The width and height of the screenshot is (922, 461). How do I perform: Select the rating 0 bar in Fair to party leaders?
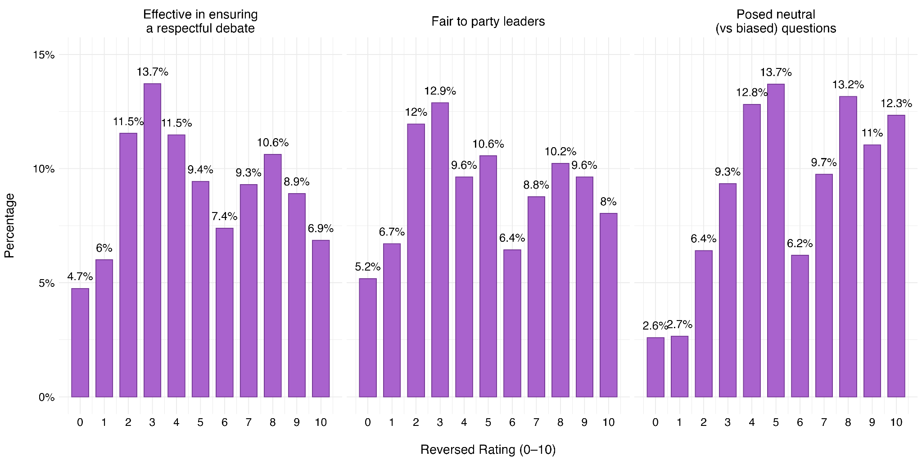[x=368, y=338]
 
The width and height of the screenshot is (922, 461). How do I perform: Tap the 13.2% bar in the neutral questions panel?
[x=848, y=246]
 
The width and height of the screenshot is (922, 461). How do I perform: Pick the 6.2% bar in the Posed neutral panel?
[x=800, y=326]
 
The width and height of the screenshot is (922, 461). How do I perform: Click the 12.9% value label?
[x=440, y=91]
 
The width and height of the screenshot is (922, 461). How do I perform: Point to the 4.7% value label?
[x=80, y=277]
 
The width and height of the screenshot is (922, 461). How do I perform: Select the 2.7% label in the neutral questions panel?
[x=680, y=325]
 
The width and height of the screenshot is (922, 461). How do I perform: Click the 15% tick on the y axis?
[x=44, y=55]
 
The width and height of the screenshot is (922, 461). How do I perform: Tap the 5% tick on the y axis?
[x=45, y=283]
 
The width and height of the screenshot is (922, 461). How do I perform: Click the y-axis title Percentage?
[x=9, y=226]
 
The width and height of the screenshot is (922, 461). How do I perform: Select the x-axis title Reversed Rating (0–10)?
[x=488, y=450]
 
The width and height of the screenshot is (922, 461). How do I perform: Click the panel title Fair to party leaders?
[x=488, y=21]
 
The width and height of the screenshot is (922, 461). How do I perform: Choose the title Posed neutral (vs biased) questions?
[x=775, y=21]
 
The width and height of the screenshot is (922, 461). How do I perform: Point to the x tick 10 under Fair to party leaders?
[x=608, y=422]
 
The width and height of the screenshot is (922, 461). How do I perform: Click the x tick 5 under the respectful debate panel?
[x=200, y=422]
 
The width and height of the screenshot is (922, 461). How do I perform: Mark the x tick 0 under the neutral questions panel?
[x=655, y=422]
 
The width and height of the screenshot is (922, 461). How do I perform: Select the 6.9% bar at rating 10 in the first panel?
[x=321, y=318]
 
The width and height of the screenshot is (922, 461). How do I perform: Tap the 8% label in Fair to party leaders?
[x=608, y=202]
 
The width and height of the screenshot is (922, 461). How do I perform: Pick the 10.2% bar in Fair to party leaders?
[x=560, y=280]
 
